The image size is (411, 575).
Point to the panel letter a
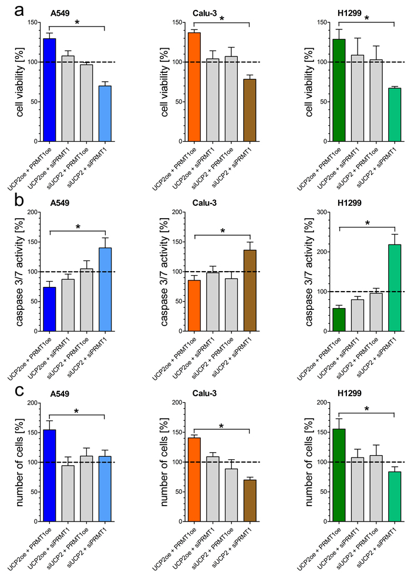coord(9,9)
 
